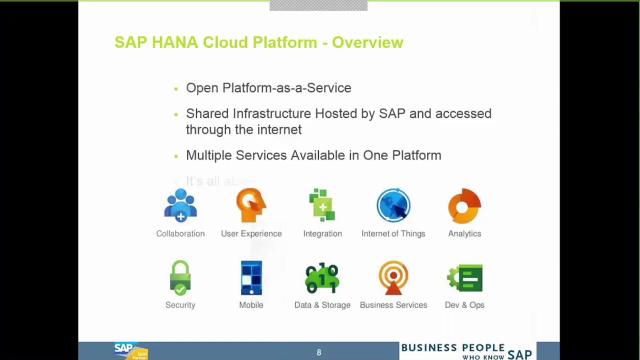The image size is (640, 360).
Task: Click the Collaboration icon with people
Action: coord(180,205)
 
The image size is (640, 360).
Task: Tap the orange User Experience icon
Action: coord(251,205)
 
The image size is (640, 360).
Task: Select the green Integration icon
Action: coord(322,205)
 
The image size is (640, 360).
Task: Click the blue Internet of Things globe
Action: coord(393,205)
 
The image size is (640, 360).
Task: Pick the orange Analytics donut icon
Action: coord(464,205)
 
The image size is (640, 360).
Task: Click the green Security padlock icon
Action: coord(180,277)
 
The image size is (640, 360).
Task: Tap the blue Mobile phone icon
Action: coord(251,277)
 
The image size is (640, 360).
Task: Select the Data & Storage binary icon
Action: coord(322,278)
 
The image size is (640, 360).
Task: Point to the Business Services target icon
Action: coord(393,277)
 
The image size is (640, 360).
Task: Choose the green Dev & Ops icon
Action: coord(465,277)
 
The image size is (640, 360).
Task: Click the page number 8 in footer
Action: coord(319,352)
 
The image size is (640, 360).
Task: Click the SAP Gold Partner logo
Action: coord(130,351)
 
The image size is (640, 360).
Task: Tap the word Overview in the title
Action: coord(367,42)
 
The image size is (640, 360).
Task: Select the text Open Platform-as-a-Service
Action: coord(268,88)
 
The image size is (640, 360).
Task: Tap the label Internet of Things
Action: coord(393,233)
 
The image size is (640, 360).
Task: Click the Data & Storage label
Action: coord(322,305)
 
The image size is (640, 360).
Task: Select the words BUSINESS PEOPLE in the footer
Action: coord(452,348)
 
